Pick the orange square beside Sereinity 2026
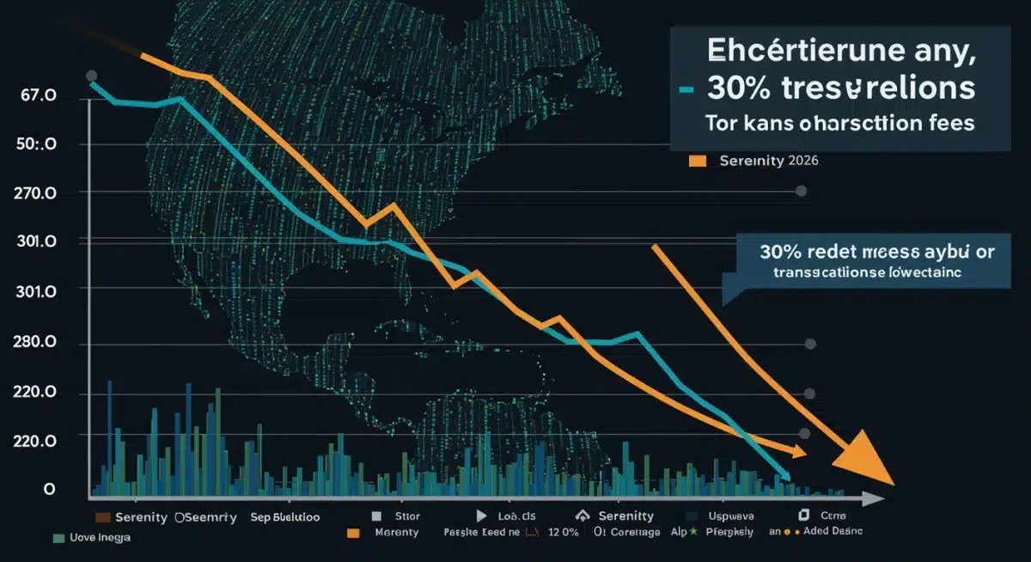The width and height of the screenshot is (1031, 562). pos(697,161)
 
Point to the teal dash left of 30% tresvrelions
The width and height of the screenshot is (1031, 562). pos(686,89)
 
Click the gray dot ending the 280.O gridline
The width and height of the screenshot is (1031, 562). pos(809,344)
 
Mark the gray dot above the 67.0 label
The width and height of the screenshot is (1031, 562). pos(92,76)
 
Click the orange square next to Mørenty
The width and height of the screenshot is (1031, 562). pos(352,534)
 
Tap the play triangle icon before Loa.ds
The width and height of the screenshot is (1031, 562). pos(479,516)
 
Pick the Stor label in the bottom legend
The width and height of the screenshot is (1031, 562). pos(408,517)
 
